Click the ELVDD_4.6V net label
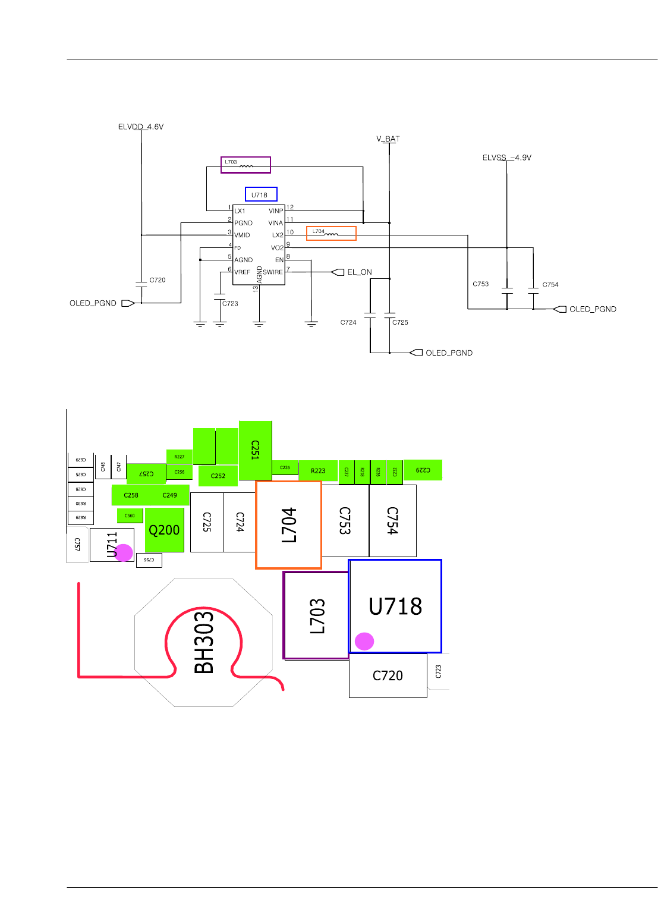click(140, 127)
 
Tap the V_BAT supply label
click(388, 139)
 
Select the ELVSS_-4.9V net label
click(506, 158)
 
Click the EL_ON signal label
click(359, 272)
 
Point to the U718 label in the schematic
click(261, 194)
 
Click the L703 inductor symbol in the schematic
click(245, 165)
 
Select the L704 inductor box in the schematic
click(331, 233)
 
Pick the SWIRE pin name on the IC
click(273, 272)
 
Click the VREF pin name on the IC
click(242, 272)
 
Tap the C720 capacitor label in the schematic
click(158, 280)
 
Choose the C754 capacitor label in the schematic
click(550, 285)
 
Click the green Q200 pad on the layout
click(164, 530)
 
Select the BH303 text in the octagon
click(204, 642)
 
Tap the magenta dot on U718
click(364, 642)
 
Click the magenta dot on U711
click(124, 552)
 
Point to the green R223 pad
click(318, 471)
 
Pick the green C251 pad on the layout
click(255, 450)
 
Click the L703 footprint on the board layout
click(317, 615)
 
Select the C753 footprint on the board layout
click(345, 520)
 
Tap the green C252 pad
click(218, 476)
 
